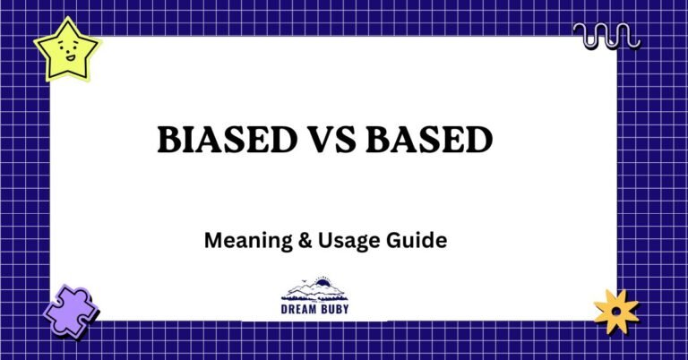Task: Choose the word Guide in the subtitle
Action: (421, 241)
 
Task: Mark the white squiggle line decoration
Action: (606, 37)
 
